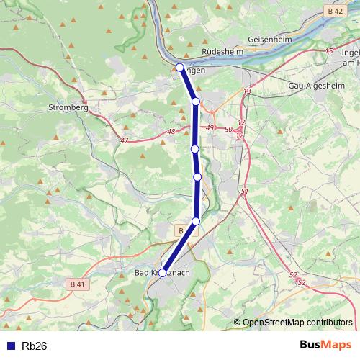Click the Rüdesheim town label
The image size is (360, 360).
(x=224, y=53)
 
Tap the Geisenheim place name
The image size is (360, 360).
(x=269, y=37)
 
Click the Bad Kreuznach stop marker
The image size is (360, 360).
(x=163, y=273)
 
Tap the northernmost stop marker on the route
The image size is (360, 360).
(x=179, y=67)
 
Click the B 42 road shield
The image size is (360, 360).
(x=333, y=12)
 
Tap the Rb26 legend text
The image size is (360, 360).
(x=35, y=346)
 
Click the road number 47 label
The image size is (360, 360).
(x=125, y=140)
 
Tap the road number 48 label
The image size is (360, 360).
(x=171, y=132)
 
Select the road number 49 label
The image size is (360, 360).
(x=210, y=127)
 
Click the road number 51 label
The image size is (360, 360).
(x=245, y=191)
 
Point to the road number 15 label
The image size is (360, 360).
(x=329, y=51)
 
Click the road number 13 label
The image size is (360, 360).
(x=248, y=91)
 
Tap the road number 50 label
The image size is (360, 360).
(x=228, y=129)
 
